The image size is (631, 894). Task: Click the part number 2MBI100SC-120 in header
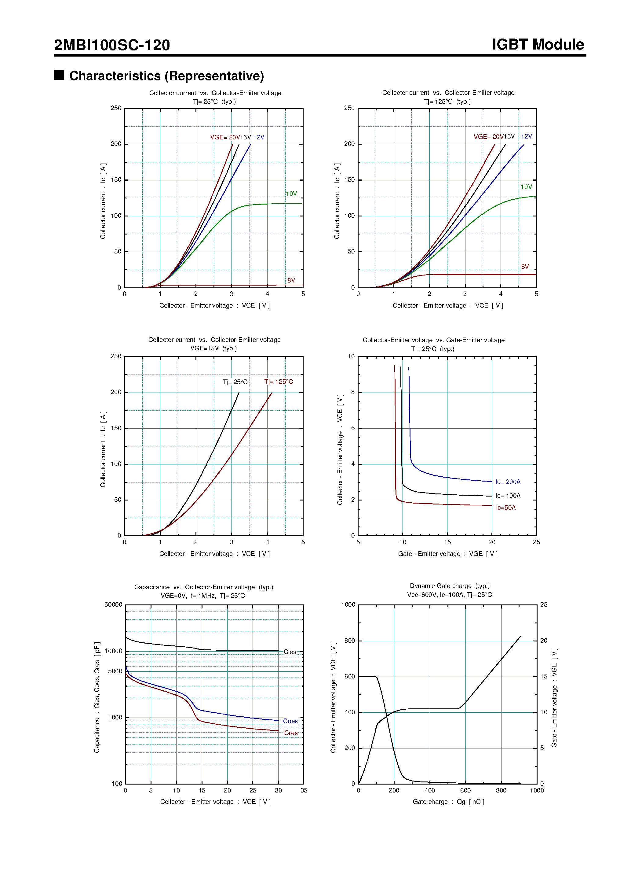click(x=112, y=45)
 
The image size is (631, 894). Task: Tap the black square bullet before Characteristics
click(x=59, y=75)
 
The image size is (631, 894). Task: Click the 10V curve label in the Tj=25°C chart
click(x=291, y=194)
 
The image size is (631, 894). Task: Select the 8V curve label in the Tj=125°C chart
click(x=524, y=267)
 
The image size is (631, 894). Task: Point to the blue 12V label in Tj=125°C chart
click(x=526, y=136)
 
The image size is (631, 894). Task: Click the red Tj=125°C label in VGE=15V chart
click(x=279, y=382)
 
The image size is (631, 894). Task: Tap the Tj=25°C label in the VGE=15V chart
click(x=235, y=382)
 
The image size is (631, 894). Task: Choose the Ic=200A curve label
click(x=508, y=482)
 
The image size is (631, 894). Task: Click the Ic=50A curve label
click(x=505, y=508)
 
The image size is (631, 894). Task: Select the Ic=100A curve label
click(x=508, y=496)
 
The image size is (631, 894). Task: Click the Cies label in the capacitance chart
click(x=290, y=652)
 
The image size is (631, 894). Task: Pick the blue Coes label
click(x=290, y=721)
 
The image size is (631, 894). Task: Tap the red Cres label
click(x=290, y=733)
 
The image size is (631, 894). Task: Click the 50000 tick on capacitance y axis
click(x=113, y=605)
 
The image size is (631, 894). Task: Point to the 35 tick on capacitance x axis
click(x=304, y=790)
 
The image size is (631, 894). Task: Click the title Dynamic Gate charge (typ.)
click(x=449, y=586)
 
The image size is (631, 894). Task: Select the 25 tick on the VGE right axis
click(x=543, y=605)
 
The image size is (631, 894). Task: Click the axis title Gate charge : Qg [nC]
click(x=448, y=802)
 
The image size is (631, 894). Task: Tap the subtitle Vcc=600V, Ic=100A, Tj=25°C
click(x=449, y=595)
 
